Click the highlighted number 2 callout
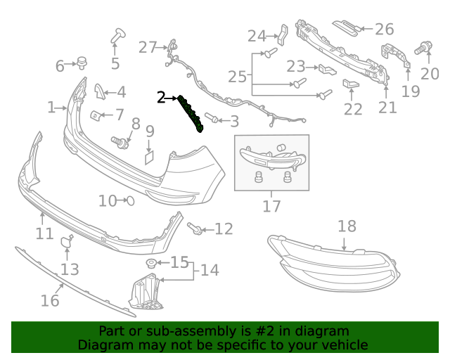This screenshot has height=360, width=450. point(161,98)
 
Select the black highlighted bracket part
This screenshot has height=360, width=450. point(191,114)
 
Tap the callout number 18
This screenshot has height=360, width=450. point(347,226)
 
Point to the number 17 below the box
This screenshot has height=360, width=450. point(271,206)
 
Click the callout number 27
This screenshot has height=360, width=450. point(148,47)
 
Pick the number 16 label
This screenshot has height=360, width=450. point(49,300)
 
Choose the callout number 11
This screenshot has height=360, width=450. point(44,233)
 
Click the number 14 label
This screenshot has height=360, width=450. point(210,270)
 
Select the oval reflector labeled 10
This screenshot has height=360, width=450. point(129,201)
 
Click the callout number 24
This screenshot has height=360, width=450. point(257,36)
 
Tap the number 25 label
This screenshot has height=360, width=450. point(238,77)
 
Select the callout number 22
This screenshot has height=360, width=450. point(353,109)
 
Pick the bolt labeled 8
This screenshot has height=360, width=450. point(122,143)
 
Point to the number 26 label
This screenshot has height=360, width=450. point(385,29)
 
